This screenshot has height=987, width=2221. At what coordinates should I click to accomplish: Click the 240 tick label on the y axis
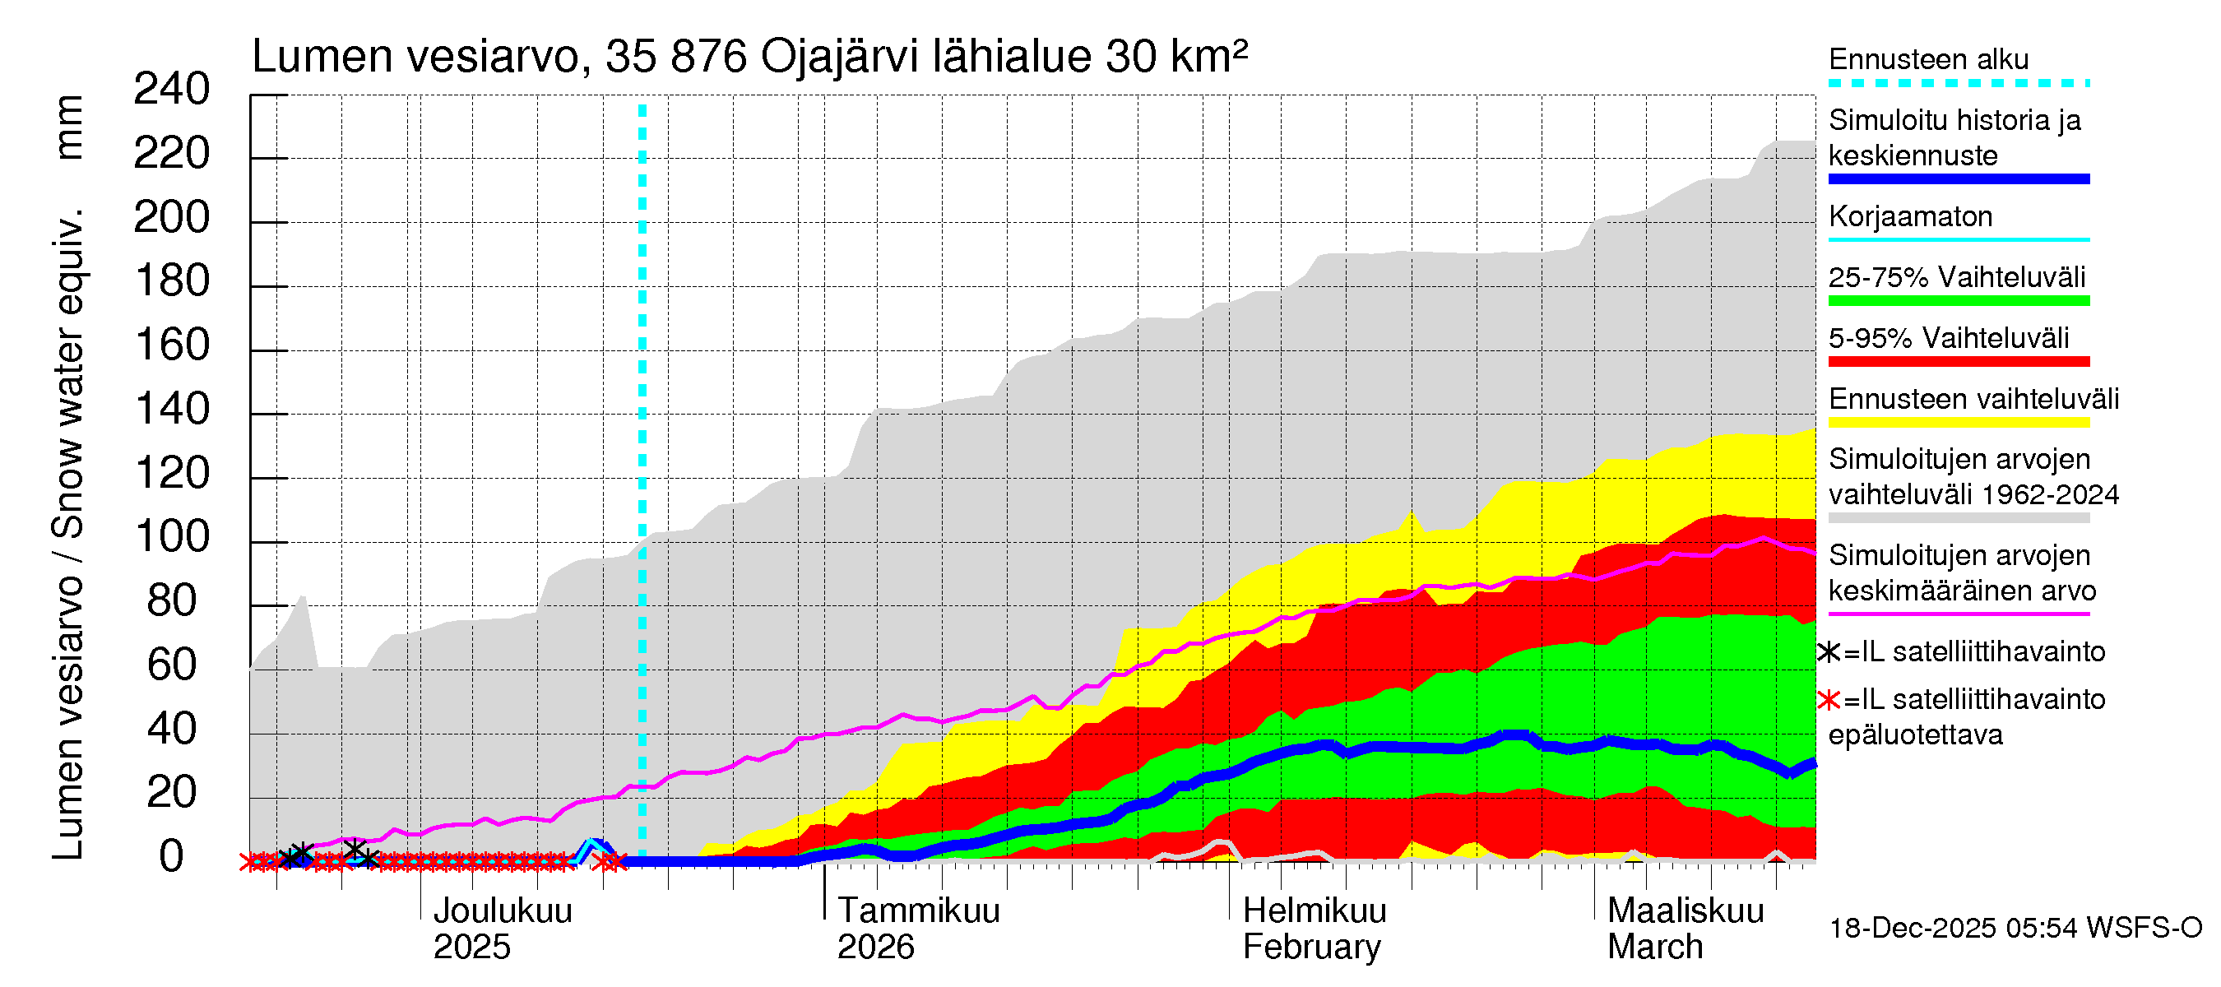172,90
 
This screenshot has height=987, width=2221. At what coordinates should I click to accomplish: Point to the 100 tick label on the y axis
172,537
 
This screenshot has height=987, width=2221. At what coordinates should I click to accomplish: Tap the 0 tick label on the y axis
172,857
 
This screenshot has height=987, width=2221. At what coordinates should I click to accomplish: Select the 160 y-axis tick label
172,345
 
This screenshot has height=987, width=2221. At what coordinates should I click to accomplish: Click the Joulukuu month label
502,911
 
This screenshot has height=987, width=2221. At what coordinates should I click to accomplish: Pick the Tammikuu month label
918,911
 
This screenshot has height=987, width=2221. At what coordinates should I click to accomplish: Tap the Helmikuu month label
1314,911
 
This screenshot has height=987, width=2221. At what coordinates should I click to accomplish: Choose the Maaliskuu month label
1685,911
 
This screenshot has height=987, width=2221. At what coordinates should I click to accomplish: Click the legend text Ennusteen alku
1928,59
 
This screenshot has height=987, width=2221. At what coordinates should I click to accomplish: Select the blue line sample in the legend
1958,179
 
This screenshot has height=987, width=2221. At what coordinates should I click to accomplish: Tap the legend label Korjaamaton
1910,216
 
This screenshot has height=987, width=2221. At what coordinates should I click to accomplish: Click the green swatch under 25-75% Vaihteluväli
1958,301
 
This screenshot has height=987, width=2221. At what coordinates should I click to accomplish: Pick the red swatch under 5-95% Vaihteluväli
1958,362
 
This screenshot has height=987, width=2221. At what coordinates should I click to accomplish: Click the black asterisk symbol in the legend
1828,652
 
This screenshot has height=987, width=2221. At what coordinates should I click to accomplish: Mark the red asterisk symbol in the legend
1828,700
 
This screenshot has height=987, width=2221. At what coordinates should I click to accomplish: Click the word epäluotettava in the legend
1915,735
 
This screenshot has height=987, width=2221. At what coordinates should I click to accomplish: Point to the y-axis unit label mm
69,127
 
